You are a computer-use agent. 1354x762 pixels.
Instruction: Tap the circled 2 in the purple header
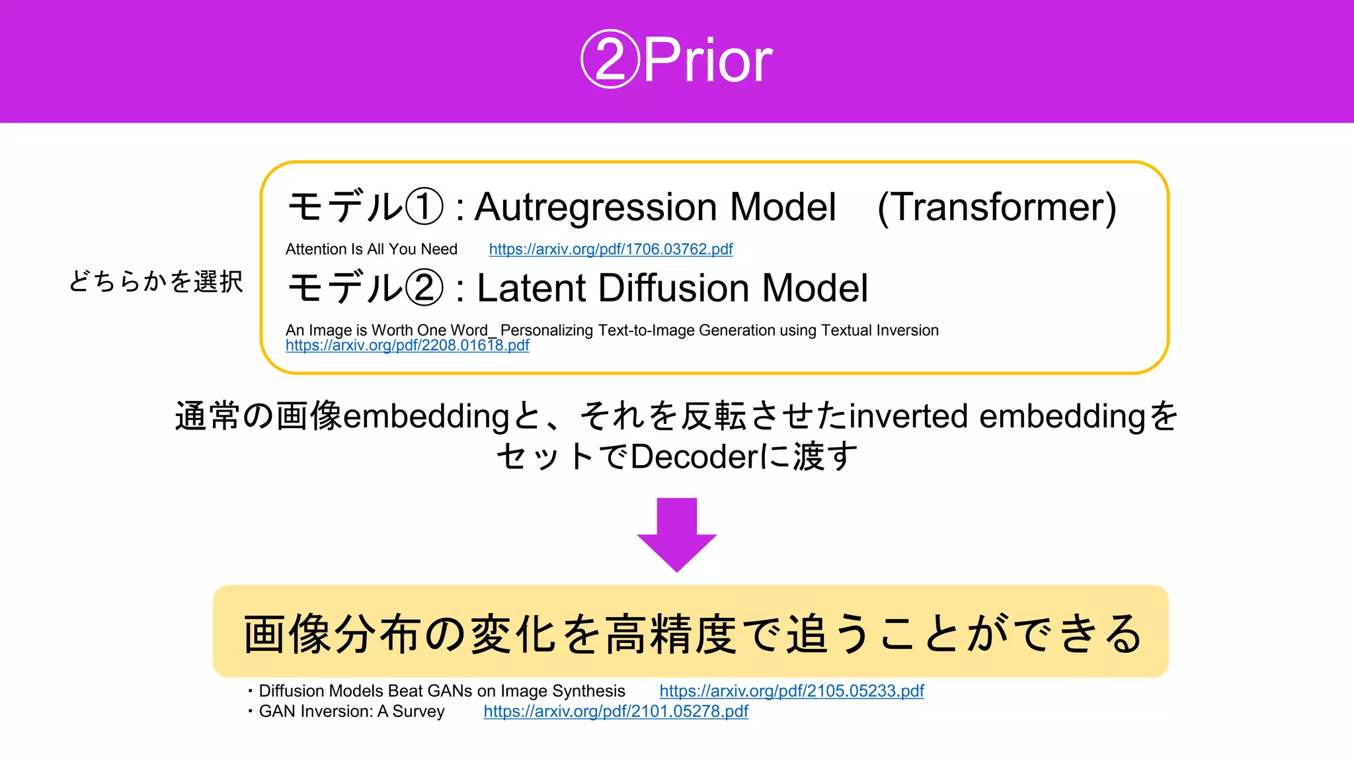point(610,60)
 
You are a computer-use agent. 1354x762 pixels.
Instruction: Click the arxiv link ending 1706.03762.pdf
point(611,249)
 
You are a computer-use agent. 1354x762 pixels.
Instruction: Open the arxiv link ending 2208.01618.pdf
point(407,345)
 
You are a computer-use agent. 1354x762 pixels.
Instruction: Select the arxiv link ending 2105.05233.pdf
point(791,691)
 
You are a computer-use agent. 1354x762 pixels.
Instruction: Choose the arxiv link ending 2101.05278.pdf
point(616,712)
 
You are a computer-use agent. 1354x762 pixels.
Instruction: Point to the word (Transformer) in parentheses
point(996,207)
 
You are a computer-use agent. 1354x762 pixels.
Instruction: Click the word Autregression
point(595,208)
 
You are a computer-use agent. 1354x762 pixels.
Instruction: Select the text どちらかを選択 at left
point(156,282)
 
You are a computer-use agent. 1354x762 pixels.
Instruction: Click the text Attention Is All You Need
point(372,249)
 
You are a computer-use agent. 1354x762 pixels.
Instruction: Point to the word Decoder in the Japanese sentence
point(694,457)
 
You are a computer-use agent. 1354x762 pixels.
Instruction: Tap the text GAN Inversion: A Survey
point(351,712)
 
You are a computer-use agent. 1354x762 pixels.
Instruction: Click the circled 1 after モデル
point(424,207)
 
